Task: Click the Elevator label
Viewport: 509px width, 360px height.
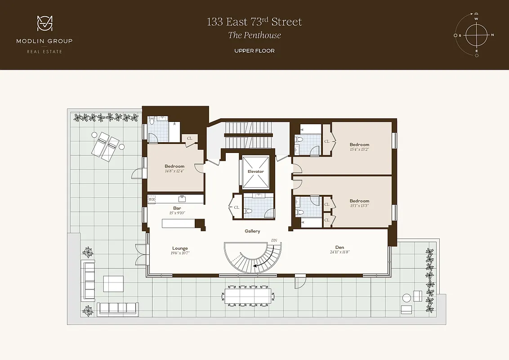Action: pos(255,171)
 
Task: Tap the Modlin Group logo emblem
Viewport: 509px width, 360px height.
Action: pos(45,24)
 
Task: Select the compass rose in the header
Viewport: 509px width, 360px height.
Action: pos(476,35)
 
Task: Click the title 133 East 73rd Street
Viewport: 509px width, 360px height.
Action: pos(254,22)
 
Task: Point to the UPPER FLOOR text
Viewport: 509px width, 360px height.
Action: pos(254,51)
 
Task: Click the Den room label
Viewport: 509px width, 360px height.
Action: pos(339,247)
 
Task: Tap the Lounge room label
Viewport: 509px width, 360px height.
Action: pos(180,248)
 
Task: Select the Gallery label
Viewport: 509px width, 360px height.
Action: pos(252,231)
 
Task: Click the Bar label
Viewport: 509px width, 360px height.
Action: pos(177,208)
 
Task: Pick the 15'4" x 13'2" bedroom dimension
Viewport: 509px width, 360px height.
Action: pos(359,149)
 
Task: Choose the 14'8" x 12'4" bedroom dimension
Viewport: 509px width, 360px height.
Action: pos(174,171)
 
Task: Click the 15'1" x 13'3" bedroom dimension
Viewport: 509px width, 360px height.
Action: pos(359,206)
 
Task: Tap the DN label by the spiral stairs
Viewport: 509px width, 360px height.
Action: pos(274,241)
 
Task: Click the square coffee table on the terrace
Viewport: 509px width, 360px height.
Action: pos(113,284)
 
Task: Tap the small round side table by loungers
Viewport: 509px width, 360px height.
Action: pos(94,135)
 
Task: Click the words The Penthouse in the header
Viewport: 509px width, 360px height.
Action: pos(254,36)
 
